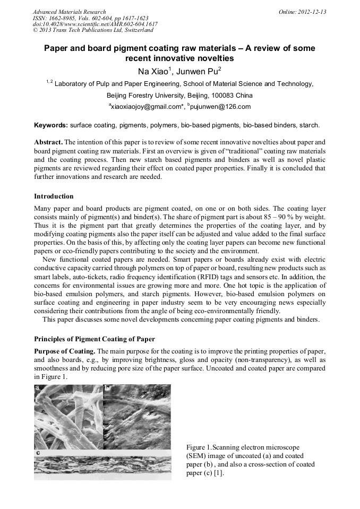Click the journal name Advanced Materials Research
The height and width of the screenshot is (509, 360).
pos(69,12)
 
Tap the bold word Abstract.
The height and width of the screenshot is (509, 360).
pos(48,143)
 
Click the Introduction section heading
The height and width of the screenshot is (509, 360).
pos(54,196)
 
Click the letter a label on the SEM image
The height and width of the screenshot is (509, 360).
pos(38,388)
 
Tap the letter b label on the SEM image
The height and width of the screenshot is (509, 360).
pos(107,388)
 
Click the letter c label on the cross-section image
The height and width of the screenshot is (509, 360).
pos(38,452)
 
